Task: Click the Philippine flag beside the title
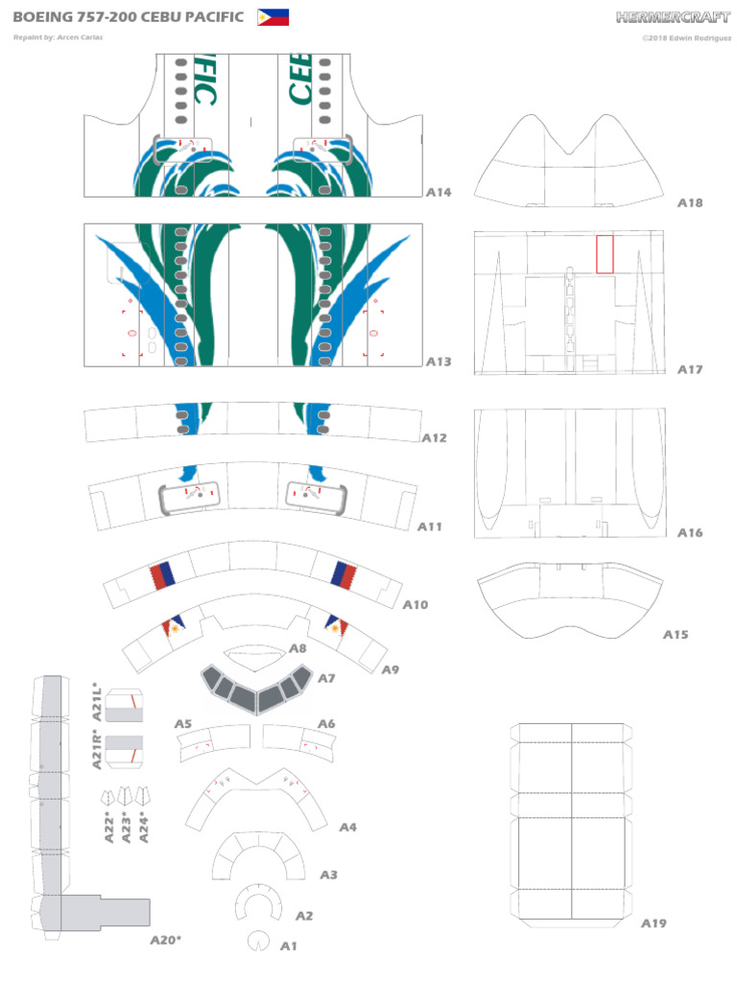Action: click(x=273, y=16)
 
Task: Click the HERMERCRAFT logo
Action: click(x=673, y=16)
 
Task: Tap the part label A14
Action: click(x=439, y=192)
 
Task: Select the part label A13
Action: click(x=438, y=362)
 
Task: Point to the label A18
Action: click(x=690, y=202)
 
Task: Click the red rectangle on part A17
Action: click(x=605, y=253)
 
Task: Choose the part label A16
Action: click(x=690, y=532)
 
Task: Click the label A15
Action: click(x=676, y=634)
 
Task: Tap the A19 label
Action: click(x=654, y=924)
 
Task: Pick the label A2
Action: click(x=303, y=916)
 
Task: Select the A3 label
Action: click(x=328, y=875)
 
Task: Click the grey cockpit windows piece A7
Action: click(x=257, y=688)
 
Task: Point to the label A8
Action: click(x=297, y=648)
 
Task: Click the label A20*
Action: click(x=165, y=940)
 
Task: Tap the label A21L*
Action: click(x=97, y=701)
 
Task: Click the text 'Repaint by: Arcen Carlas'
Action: click(x=59, y=37)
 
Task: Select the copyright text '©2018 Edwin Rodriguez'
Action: click(x=687, y=37)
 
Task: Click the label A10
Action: click(x=415, y=604)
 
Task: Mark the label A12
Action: click(x=434, y=437)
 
